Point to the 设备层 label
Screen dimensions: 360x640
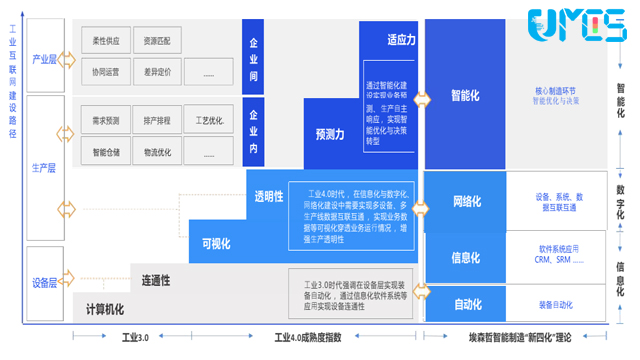pyautogui.click(x=44, y=283)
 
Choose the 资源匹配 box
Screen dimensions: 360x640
pyautogui.click(x=156, y=41)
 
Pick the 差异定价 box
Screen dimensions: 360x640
pyautogui.click(x=156, y=73)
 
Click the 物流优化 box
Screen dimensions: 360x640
pyautogui.click(x=156, y=153)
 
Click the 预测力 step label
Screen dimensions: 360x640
pyautogui.click(x=330, y=133)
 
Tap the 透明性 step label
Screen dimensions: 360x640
pyautogui.click(x=269, y=196)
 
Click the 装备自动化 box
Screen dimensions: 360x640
pyautogui.click(x=556, y=304)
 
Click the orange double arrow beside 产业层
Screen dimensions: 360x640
pyautogui.click(x=67, y=60)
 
